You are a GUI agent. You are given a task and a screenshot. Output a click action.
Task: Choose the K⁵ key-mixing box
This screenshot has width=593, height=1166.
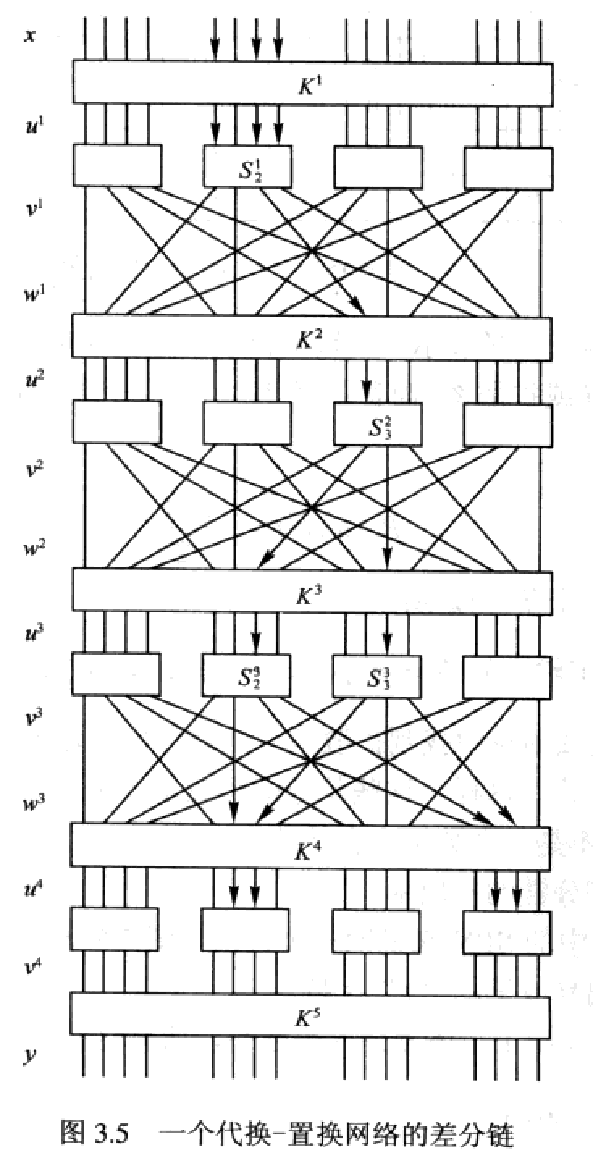[310, 1013]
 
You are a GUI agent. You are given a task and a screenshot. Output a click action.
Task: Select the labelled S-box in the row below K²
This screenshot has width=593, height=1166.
[378, 422]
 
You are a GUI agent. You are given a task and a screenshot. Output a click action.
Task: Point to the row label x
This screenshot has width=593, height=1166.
[29, 36]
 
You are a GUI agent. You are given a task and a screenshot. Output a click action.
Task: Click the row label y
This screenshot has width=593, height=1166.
[29, 1055]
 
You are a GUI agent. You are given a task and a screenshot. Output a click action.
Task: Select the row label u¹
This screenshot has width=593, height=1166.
[32, 126]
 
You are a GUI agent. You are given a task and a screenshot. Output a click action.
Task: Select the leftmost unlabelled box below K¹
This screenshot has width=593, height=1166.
[117, 166]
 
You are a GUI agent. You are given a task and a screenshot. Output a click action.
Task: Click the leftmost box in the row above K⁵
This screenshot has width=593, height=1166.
[115, 929]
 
